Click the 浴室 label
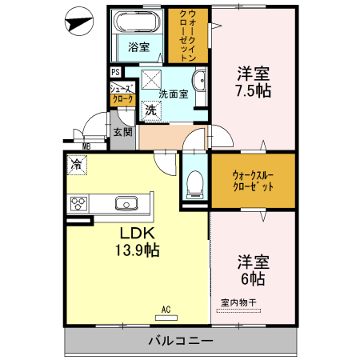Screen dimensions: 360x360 click(x=138, y=46)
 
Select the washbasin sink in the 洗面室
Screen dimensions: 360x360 click(x=199, y=82)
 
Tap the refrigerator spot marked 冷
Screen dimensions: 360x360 click(x=76, y=165)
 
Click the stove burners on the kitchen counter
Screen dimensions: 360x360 click(x=80, y=202)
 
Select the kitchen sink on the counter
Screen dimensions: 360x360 click(x=126, y=202)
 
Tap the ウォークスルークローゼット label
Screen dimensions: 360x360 click(x=252, y=180)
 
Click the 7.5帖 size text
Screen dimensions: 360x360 click(x=253, y=91)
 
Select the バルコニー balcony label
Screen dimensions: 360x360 click(x=180, y=341)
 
